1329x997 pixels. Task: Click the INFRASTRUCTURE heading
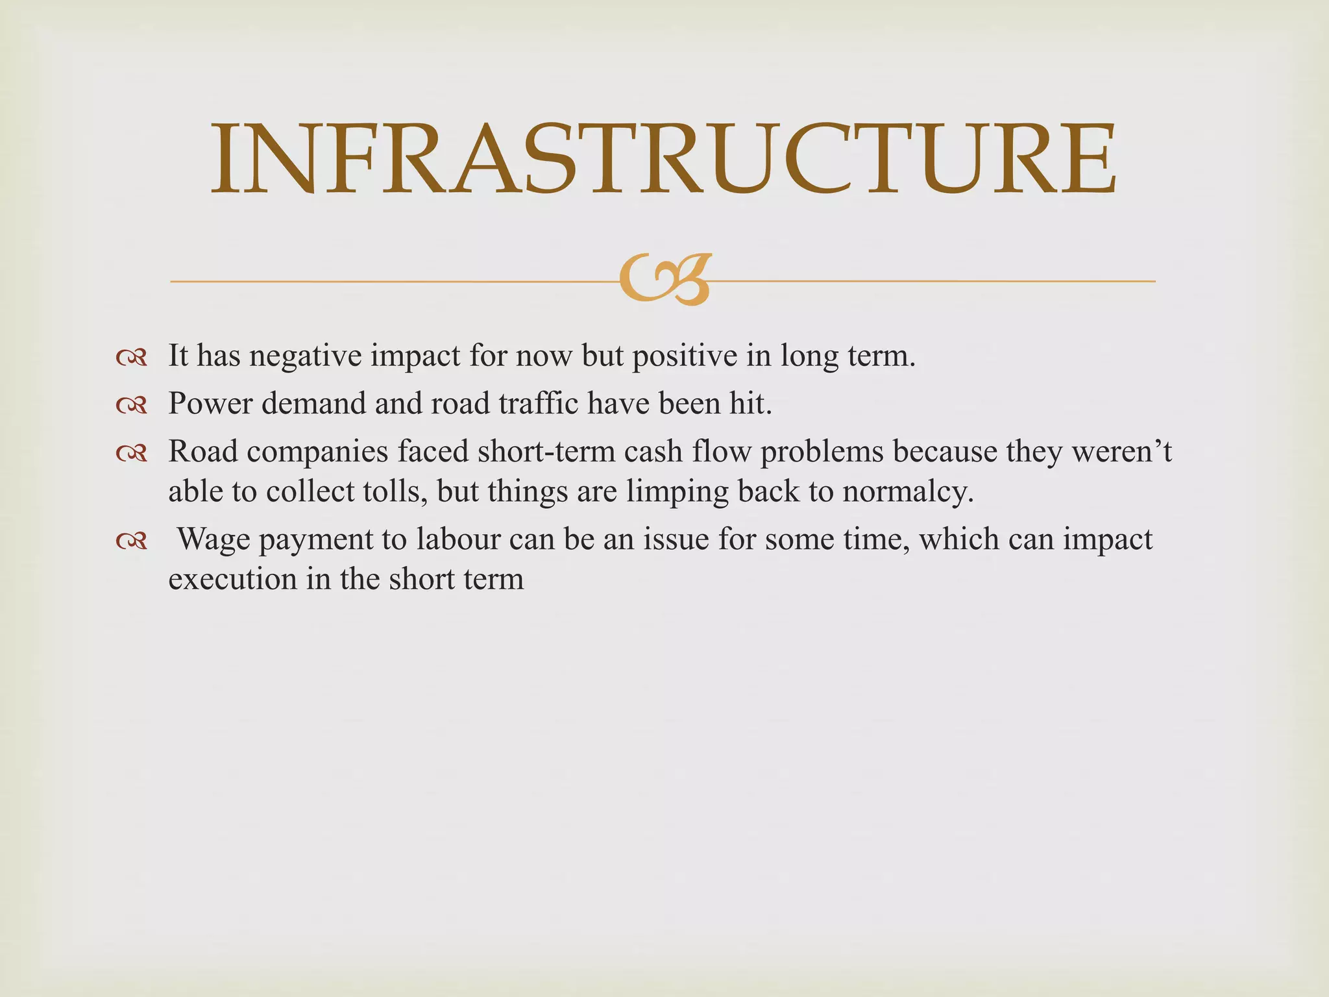click(663, 159)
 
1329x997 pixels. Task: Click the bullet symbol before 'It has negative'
click(132, 358)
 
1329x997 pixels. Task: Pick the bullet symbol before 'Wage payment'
click(132, 541)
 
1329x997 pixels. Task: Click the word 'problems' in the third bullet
click(822, 452)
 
